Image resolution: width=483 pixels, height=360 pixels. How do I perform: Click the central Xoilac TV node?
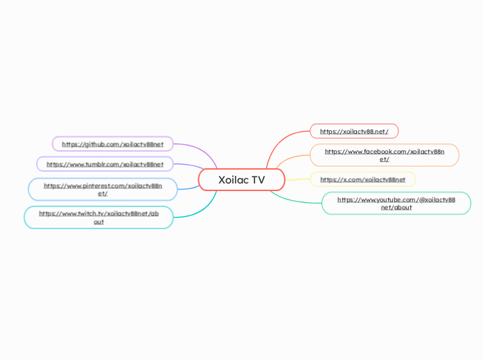241,180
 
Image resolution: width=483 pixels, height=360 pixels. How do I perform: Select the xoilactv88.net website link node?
354,132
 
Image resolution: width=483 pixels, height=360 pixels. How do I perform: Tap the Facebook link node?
384,155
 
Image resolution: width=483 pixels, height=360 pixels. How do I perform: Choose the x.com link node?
362,179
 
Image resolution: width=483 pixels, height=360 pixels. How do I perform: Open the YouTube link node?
396,203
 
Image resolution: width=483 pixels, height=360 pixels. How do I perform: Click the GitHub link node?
112,144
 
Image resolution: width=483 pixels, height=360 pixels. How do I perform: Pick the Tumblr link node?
105,164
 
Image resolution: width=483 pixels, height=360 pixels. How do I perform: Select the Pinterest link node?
103,189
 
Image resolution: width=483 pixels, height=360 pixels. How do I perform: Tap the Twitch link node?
98,217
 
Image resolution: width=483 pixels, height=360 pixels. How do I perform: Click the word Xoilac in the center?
232,180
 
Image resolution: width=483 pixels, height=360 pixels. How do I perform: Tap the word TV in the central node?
257,180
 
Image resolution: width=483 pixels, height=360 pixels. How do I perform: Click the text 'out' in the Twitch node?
98,222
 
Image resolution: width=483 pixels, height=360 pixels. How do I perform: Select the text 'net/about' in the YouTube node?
396,207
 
